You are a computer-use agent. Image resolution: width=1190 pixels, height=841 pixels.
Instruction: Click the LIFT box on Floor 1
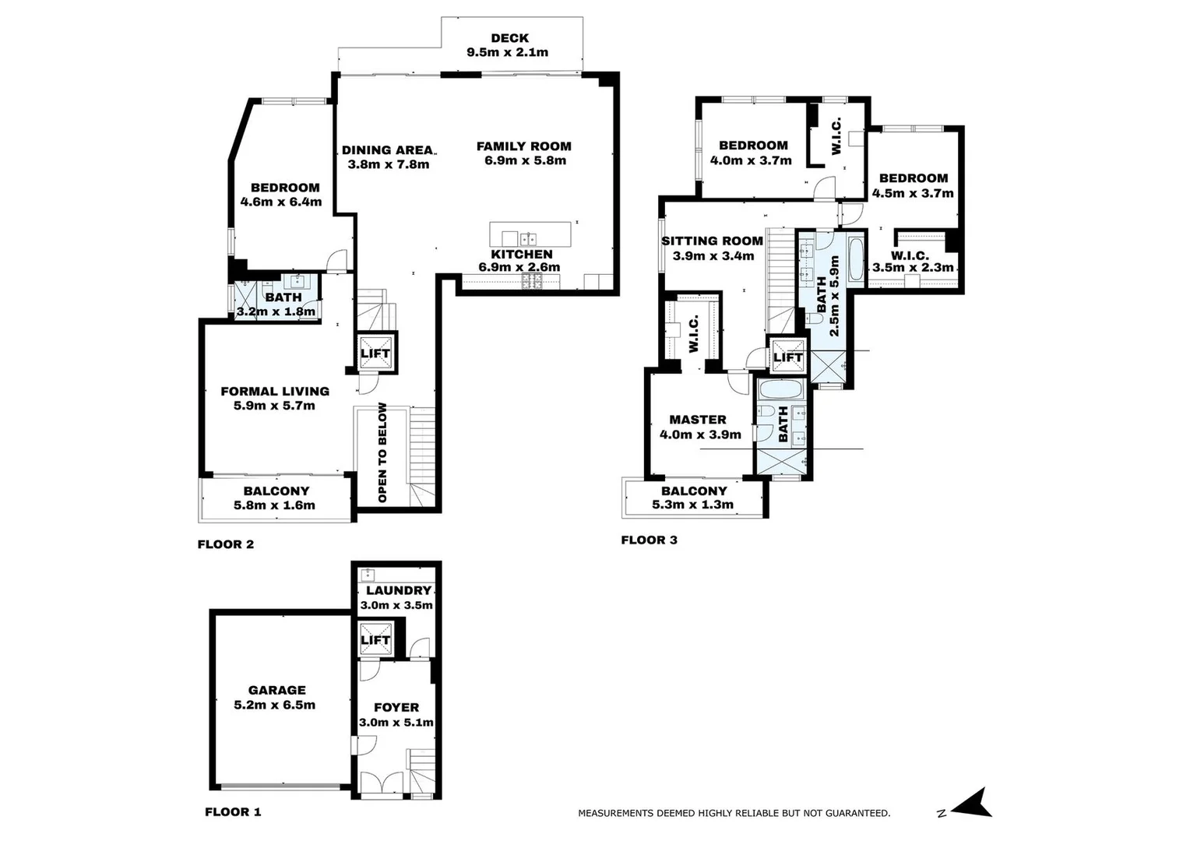point(375,640)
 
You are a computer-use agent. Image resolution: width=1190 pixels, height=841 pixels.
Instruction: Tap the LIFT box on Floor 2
point(375,354)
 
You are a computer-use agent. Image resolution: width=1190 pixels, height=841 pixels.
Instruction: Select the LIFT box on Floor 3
point(787,357)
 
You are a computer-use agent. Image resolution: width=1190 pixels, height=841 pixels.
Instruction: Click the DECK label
point(509,38)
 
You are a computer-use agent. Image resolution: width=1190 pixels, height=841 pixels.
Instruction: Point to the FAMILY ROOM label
point(523,146)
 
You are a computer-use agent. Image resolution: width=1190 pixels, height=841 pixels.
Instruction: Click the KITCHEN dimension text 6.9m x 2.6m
point(519,267)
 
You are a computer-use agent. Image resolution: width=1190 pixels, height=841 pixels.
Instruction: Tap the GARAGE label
point(276,690)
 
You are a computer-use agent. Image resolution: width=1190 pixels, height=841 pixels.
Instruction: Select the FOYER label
point(396,708)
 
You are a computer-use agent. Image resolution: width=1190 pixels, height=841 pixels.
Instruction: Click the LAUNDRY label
point(398,591)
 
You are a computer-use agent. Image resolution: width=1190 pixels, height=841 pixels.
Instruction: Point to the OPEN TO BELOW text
point(382,452)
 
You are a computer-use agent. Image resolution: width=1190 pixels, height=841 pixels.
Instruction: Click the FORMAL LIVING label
point(275,392)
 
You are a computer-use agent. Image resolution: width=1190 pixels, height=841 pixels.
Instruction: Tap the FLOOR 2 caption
point(226,544)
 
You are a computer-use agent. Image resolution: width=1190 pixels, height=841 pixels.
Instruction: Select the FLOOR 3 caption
point(649,540)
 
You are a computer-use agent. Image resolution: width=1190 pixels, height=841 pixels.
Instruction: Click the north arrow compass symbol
point(973,804)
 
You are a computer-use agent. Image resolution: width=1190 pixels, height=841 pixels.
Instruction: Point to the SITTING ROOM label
point(712,241)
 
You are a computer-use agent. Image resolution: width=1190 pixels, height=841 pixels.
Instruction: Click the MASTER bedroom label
point(698,420)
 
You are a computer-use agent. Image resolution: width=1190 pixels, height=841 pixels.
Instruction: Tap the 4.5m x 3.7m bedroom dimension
point(913,193)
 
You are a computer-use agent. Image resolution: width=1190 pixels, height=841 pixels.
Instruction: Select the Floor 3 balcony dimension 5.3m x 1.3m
point(692,505)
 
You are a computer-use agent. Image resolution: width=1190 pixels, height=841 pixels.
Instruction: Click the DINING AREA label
point(387,150)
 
